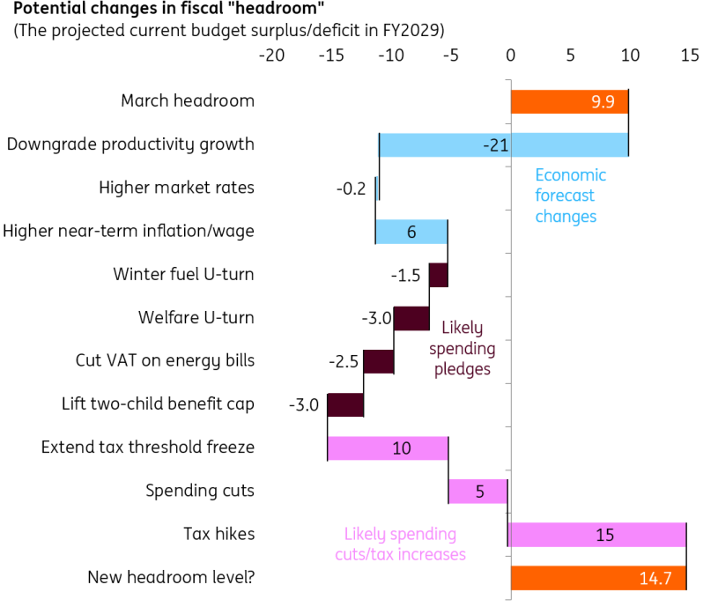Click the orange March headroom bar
tap(569, 101)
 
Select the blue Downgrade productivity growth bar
tap(503, 144)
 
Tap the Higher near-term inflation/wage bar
tap(411, 232)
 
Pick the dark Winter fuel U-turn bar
tap(439, 275)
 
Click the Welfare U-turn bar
tap(411, 318)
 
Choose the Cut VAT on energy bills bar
tap(379, 361)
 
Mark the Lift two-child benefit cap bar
tap(345, 404)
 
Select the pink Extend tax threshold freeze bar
tap(388, 448)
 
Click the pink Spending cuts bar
tap(478, 491)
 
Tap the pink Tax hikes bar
tap(597, 534)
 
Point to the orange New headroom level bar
tap(598, 577)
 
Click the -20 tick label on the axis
tap(271, 56)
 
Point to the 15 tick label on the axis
tap(690, 56)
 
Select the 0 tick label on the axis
tap(510, 56)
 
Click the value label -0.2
tap(351, 189)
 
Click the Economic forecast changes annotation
tap(570, 195)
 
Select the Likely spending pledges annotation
tap(463, 348)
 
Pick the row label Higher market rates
tap(176, 188)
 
